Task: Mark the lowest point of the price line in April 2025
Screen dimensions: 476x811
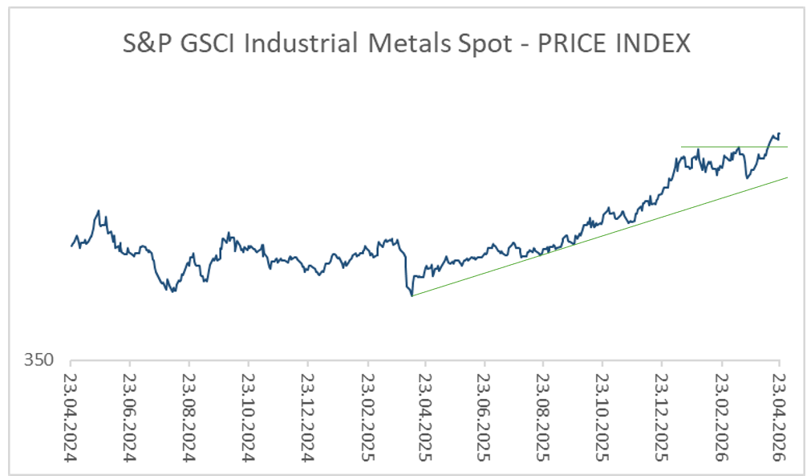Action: (x=412, y=296)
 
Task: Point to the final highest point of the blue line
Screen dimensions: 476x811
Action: (x=779, y=133)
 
